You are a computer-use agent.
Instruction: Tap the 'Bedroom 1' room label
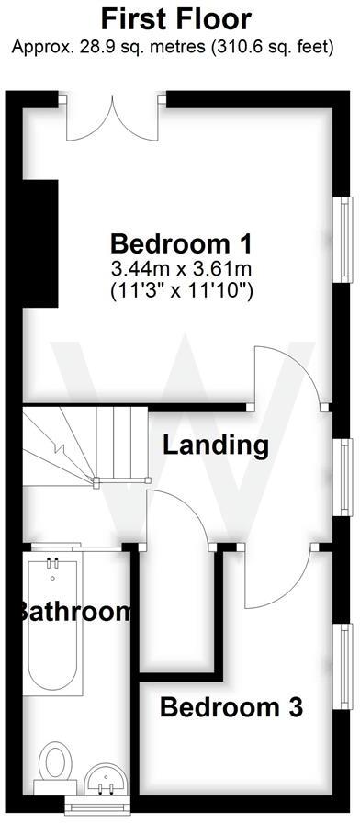(x=181, y=244)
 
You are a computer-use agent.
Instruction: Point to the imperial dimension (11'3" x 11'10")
(x=181, y=290)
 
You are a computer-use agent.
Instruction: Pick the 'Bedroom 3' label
(x=231, y=708)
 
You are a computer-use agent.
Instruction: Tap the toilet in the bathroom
(x=55, y=764)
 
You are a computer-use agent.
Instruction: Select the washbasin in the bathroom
(x=104, y=780)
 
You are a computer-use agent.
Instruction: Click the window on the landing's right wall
(x=343, y=477)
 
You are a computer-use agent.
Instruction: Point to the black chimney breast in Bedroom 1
(x=40, y=244)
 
